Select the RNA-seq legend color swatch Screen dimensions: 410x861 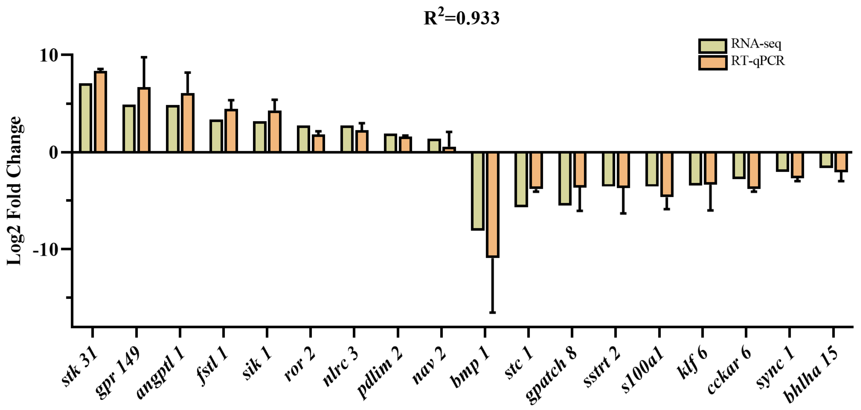[x=712, y=46]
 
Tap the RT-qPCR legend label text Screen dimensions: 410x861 [x=758, y=61]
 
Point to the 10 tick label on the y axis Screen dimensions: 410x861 [x=49, y=55]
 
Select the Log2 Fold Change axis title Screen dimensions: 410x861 [x=14, y=191]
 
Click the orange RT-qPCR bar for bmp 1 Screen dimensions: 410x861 [x=492, y=204]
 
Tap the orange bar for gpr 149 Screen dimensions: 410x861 [x=144, y=120]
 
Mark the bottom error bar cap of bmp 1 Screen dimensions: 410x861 [x=492, y=312]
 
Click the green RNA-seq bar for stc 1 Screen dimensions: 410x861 [x=521, y=179]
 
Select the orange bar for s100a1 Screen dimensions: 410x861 [x=667, y=174]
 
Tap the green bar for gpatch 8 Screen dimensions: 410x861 [x=565, y=178]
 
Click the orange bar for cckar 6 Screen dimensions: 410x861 [x=754, y=170]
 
